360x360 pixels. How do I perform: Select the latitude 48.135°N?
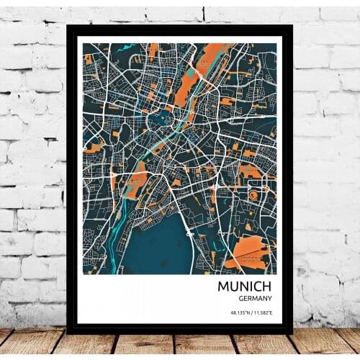tap(240, 313)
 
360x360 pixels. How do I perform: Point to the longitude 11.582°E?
tap(264, 313)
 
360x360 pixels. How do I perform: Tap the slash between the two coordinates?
tap(252, 313)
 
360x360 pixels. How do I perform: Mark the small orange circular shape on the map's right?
tap(253, 195)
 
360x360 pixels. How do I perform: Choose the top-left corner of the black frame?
tap(68, 27)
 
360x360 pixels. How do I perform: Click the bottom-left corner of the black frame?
tap(68, 332)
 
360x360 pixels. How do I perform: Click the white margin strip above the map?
tap(180, 38)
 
